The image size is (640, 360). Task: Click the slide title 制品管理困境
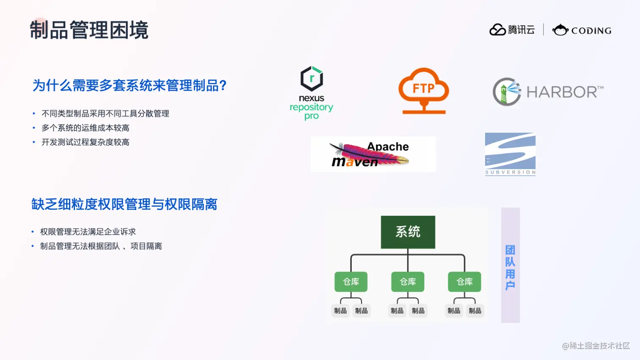pos(89,30)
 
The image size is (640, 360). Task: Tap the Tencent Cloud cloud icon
pos(497,30)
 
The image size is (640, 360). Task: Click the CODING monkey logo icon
pos(560,30)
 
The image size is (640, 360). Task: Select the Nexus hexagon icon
pos(312,78)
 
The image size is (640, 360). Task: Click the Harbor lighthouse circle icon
pos(507,91)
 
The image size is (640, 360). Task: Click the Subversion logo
pos(510,154)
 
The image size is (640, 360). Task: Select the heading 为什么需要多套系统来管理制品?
pos(130,86)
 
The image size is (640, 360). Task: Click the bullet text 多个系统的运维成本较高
pos(85,128)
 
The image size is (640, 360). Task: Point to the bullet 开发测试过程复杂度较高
pos(85,142)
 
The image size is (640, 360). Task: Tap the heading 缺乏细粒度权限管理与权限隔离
pos(124,205)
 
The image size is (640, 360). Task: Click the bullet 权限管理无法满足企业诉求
pos(88,232)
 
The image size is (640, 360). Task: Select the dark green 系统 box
pos(408,232)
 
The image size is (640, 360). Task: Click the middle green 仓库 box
pos(408,282)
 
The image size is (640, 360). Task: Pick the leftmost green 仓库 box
pos(351,282)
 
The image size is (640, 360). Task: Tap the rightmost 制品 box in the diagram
pos(475,311)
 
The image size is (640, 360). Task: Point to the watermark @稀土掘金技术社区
pos(596,346)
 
